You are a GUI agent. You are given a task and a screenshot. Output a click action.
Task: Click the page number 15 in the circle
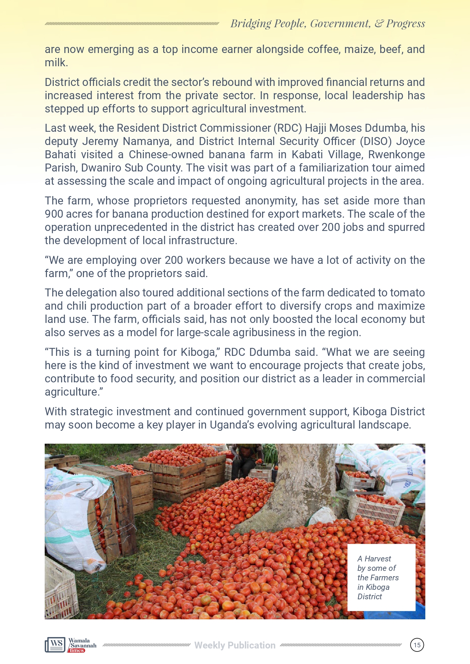(x=417, y=645)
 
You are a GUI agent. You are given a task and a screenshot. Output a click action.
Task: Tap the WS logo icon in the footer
(x=55, y=645)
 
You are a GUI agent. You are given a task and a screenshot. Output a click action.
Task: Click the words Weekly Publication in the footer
(x=235, y=645)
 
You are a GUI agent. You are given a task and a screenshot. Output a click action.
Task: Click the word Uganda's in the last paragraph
(x=232, y=425)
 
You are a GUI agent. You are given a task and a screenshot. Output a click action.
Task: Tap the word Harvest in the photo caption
(x=378, y=559)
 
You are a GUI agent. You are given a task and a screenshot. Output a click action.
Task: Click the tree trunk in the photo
(x=303, y=485)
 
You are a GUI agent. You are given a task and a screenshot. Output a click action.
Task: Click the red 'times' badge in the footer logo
(x=77, y=650)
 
